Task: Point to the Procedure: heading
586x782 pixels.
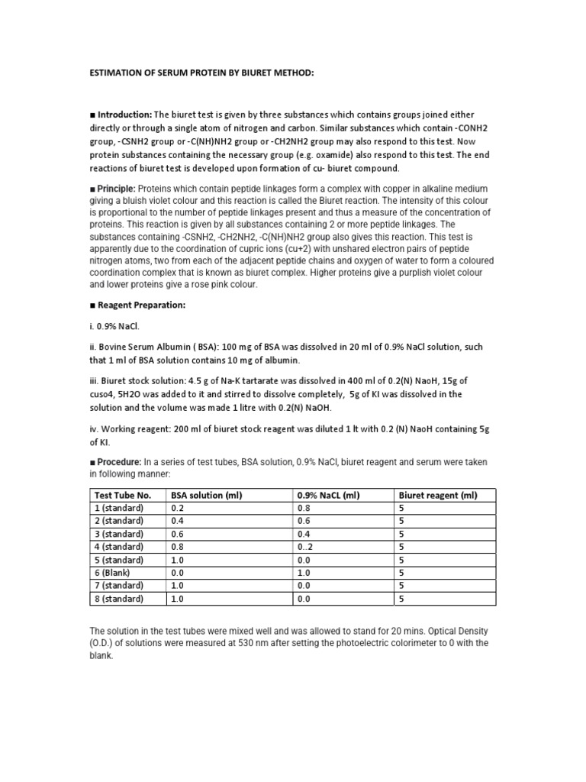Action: click(x=118, y=463)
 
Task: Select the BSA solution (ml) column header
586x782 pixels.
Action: click(x=206, y=496)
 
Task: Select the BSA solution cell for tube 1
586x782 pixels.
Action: click(x=178, y=509)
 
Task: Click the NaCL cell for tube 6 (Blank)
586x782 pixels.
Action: click(x=304, y=573)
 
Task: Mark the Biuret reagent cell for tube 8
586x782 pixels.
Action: click(x=401, y=599)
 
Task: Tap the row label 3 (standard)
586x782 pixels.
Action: click(x=118, y=534)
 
